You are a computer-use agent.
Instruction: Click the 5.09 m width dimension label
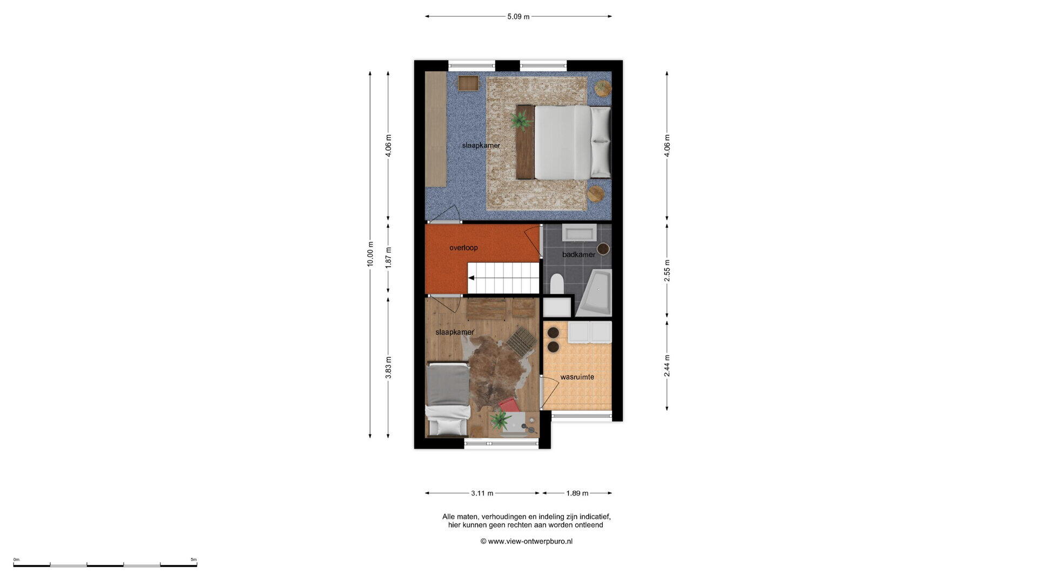518,17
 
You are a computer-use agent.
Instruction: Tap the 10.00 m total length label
370,254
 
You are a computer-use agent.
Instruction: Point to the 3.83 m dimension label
388,368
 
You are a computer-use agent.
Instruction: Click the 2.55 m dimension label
667,271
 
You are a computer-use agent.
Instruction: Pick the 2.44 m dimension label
667,366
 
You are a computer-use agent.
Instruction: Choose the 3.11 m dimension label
482,493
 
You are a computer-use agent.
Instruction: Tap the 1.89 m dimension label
577,493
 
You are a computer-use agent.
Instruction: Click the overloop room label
463,248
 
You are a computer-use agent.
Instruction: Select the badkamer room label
578,254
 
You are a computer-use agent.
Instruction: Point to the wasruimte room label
577,377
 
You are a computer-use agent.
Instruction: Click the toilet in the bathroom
557,284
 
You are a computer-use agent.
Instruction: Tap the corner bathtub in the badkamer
595,293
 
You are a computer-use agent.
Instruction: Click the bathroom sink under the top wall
580,233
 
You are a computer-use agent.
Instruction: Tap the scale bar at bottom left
105,565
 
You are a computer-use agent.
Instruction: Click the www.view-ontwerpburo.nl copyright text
527,541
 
